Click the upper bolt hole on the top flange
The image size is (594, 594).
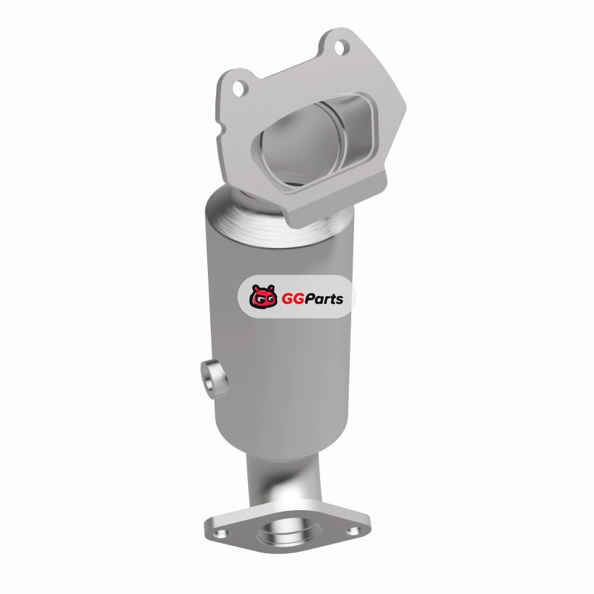(x=341, y=48)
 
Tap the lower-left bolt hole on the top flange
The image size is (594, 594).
(x=238, y=88)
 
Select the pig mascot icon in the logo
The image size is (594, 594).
(x=263, y=296)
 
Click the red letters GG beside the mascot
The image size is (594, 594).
(x=290, y=299)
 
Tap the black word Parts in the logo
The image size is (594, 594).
(x=322, y=299)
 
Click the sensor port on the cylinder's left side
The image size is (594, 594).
(x=215, y=379)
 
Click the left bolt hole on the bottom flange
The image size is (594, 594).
(x=220, y=533)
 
